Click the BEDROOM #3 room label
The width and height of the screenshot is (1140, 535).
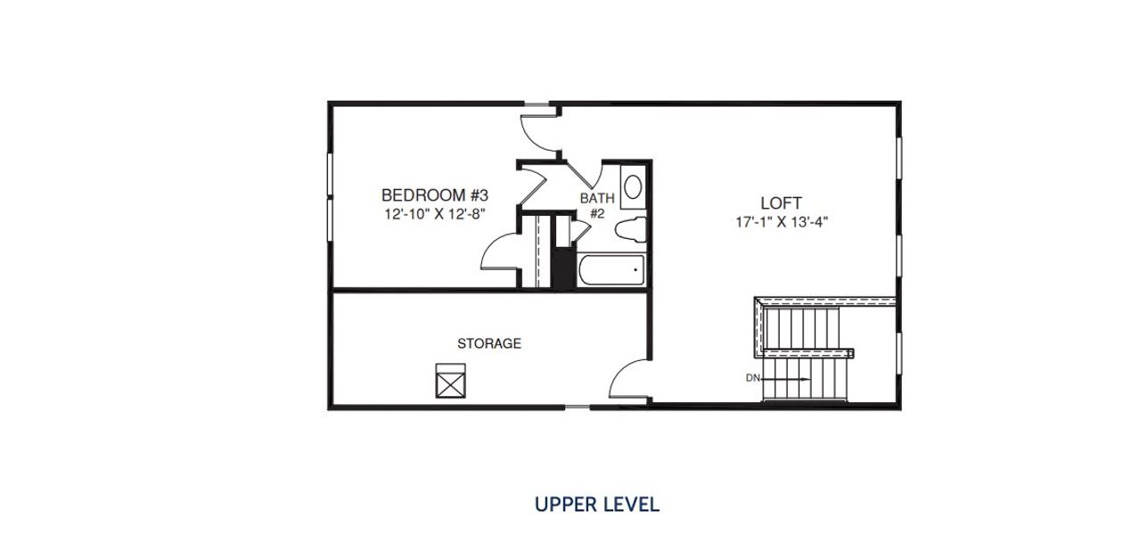point(435,194)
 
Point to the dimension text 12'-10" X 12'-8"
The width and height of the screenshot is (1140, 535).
point(435,214)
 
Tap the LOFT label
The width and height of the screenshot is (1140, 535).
point(781,203)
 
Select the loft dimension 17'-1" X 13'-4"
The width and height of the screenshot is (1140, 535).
point(782,223)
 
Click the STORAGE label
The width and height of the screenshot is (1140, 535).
point(488,343)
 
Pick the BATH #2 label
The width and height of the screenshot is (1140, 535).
point(596,206)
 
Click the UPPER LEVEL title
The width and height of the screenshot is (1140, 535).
point(596,505)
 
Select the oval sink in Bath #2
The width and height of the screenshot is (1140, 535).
point(633,187)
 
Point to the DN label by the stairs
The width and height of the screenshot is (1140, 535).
point(753,378)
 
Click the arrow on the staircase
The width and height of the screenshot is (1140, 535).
point(789,378)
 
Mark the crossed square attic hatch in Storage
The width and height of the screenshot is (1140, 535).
point(451,380)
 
